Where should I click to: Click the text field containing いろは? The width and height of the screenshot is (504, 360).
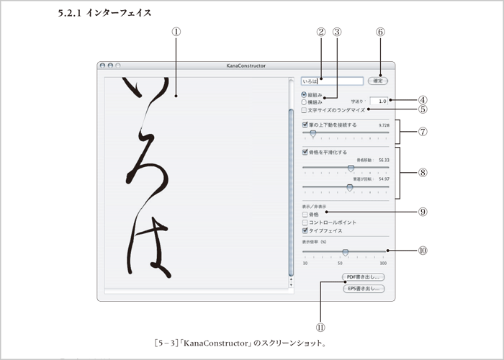[332, 81]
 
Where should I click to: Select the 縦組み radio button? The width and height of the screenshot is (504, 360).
[304, 94]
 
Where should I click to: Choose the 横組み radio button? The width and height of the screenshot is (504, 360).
[304, 102]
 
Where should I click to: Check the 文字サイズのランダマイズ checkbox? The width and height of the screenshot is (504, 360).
[305, 110]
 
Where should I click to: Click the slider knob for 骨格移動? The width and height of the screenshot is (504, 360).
[351, 168]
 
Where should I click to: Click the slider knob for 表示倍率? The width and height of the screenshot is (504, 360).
[346, 253]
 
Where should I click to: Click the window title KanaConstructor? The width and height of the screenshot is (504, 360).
[244, 66]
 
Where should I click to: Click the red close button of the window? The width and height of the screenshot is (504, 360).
[103, 66]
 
